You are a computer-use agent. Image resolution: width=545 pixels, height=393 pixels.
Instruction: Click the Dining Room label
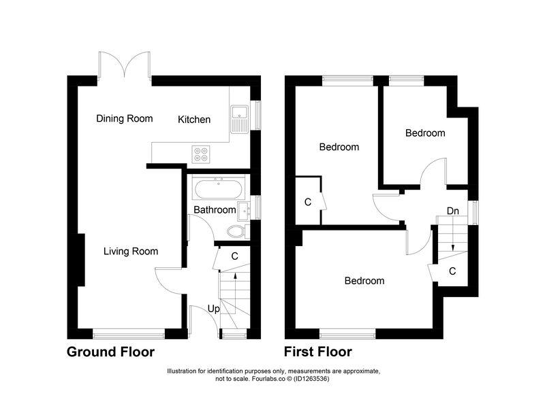[x=124, y=118]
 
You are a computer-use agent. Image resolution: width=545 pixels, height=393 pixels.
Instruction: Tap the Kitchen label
[x=194, y=120]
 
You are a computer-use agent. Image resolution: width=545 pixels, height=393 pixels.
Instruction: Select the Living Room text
[x=131, y=252]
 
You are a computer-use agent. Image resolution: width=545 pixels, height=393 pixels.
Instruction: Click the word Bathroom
[x=215, y=210]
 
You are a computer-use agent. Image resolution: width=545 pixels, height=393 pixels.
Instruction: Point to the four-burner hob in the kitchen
[x=202, y=155]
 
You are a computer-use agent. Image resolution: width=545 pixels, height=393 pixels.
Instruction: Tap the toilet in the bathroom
[x=236, y=231]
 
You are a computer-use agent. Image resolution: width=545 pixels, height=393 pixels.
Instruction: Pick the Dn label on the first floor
[x=452, y=211]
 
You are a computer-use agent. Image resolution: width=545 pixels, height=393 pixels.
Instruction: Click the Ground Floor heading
[x=110, y=352]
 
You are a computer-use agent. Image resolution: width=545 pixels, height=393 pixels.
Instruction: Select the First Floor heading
[x=318, y=352]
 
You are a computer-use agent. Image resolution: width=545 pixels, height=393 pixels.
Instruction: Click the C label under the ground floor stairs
[x=234, y=256]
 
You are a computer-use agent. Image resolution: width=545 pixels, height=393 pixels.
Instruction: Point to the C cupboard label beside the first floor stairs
[x=452, y=271]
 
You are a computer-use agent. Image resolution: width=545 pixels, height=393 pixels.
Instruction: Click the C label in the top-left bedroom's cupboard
[x=308, y=202]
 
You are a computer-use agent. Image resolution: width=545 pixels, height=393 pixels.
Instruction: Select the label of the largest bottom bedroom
[x=364, y=281]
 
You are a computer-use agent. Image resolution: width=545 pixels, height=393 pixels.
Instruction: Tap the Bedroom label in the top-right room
[x=425, y=133]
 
